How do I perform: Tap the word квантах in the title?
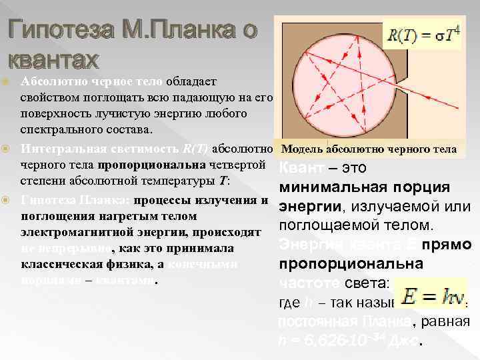52,60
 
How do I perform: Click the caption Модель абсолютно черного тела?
369,148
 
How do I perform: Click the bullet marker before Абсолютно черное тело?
9,82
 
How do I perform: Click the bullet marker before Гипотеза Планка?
9,200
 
